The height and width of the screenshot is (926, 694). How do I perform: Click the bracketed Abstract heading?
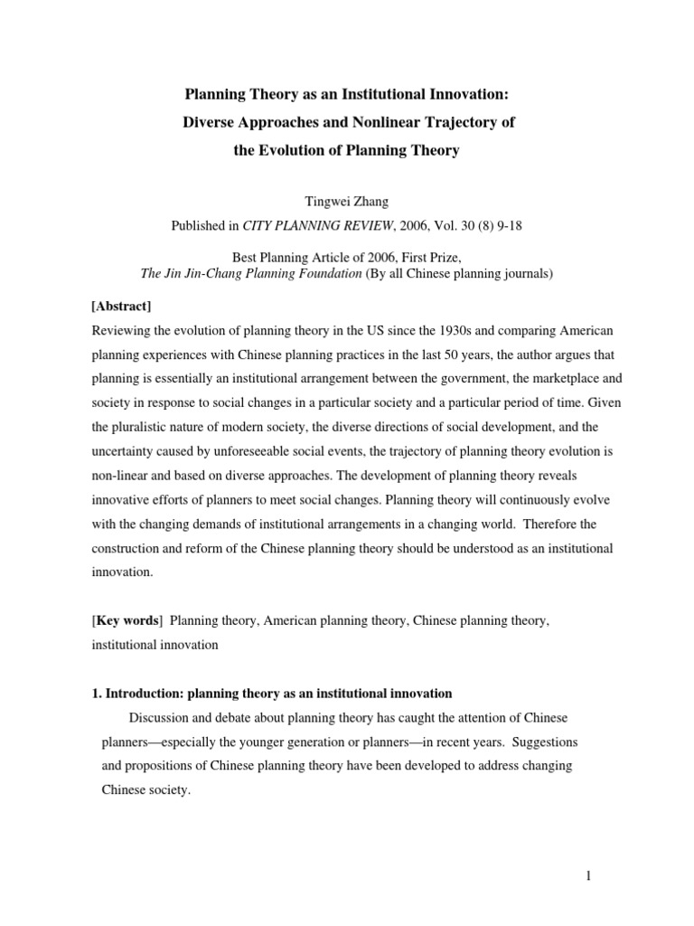click(x=120, y=306)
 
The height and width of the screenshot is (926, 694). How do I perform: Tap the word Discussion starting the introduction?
click(x=162, y=717)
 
